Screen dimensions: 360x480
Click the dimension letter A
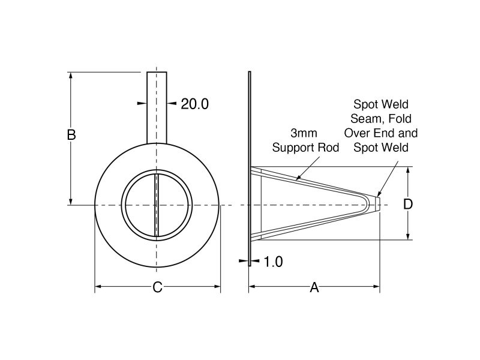coord(314,287)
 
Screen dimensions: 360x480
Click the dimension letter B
coord(71,135)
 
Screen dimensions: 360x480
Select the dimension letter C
coord(157,287)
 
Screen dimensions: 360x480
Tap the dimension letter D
coord(408,204)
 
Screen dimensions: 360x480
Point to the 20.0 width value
coord(194,104)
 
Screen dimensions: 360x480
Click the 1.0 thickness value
coord(272,262)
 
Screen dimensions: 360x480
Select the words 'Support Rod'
coord(306,147)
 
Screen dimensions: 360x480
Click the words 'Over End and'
coord(380,133)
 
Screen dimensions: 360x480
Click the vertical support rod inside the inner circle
coord(157,205)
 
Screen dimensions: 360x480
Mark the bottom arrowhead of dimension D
coord(408,236)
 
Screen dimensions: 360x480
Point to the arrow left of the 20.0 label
coord(142,104)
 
